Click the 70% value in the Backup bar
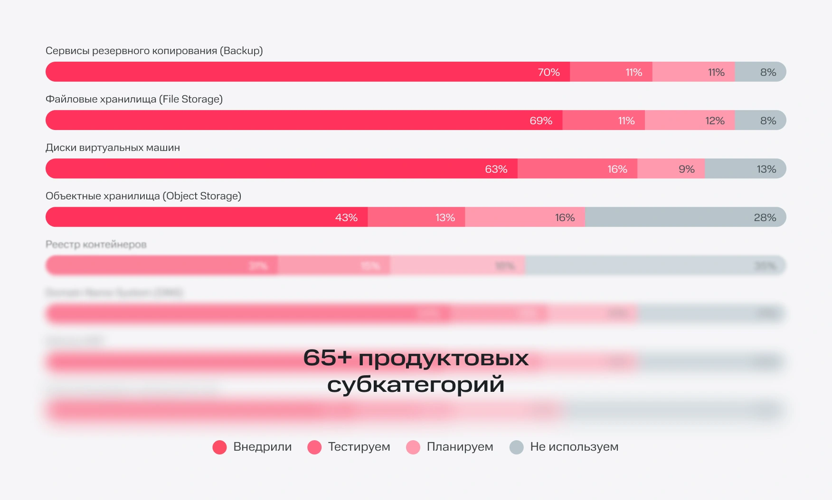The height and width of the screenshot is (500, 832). point(548,72)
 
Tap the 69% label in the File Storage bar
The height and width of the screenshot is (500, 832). point(541,121)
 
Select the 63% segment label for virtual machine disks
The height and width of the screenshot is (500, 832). point(496,169)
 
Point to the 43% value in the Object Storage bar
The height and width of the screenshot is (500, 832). point(346,218)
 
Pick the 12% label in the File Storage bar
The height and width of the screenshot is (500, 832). point(715,121)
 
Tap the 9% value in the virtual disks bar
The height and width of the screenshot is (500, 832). point(686,169)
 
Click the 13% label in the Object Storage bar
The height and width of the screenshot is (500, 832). point(445,218)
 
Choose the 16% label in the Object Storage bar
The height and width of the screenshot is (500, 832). point(565,218)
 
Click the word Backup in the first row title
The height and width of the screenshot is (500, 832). point(242,51)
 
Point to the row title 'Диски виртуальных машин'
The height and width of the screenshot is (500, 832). point(113,148)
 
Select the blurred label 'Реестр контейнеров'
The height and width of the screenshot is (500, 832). point(96,244)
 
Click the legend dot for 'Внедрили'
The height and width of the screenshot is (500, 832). point(219,447)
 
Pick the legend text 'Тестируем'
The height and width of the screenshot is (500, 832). point(359,447)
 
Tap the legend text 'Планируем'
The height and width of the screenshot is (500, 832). point(460,447)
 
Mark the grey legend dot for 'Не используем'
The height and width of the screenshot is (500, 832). point(516,447)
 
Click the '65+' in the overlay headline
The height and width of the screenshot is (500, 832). point(327,358)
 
